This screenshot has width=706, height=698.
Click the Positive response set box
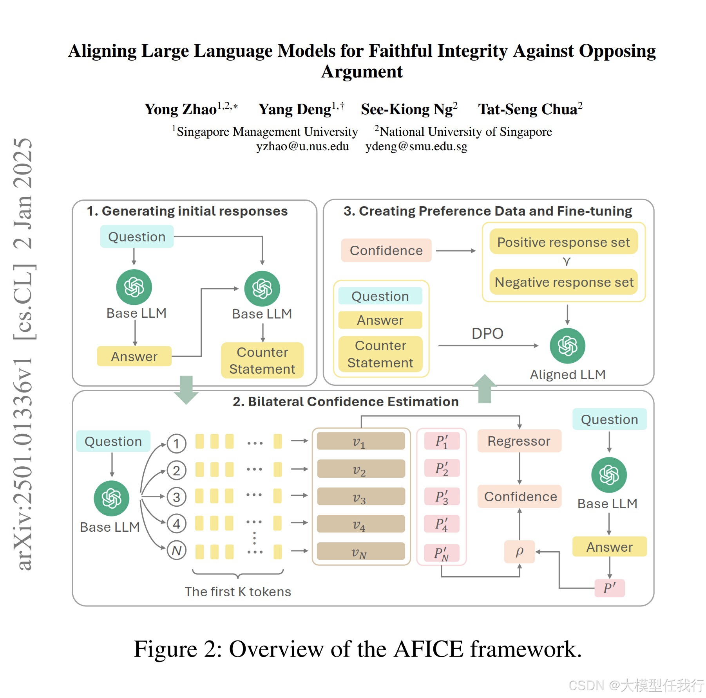(563, 242)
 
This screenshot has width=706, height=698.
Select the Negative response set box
(563, 282)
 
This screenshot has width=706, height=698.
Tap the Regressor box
(519, 441)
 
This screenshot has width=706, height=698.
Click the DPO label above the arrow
(487, 334)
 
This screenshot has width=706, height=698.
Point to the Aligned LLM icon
(567, 346)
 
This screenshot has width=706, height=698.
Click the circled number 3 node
(176, 497)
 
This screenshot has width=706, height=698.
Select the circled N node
(176, 550)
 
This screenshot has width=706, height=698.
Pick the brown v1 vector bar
(360, 441)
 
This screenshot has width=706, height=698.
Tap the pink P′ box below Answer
(609, 588)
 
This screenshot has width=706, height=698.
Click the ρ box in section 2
(520, 552)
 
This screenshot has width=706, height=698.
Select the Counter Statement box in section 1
(262, 360)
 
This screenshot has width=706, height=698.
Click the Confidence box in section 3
(386, 250)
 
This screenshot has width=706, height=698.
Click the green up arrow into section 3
(485, 389)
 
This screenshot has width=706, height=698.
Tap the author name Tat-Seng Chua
(530, 109)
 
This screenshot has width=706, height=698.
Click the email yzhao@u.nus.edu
(302, 146)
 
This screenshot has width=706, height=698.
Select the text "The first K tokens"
(238, 592)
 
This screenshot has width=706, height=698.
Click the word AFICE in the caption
(429, 649)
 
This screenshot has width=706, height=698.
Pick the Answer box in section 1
(134, 356)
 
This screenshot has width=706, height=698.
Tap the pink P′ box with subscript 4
(442, 524)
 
